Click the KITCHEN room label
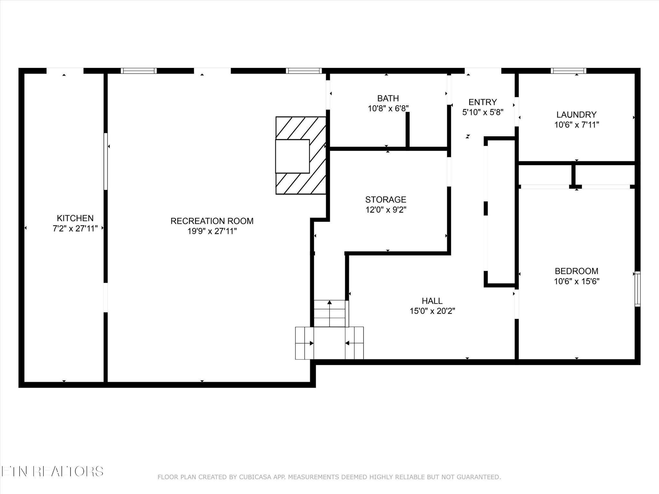click(75, 218)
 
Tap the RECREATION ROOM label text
click(212, 221)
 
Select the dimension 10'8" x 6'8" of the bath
click(388, 108)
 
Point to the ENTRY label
click(482, 102)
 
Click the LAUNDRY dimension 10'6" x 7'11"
click(576, 125)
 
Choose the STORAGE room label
click(385, 199)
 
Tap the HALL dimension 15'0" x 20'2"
click(432, 311)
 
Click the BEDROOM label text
click(576, 271)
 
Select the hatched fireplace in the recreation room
click(301, 155)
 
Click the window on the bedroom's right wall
click(637, 288)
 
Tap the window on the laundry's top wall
click(568, 71)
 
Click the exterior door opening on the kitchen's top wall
click(65, 70)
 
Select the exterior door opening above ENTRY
click(483, 70)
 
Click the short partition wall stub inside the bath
click(407, 130)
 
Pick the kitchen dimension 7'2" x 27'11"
click(75, 229)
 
